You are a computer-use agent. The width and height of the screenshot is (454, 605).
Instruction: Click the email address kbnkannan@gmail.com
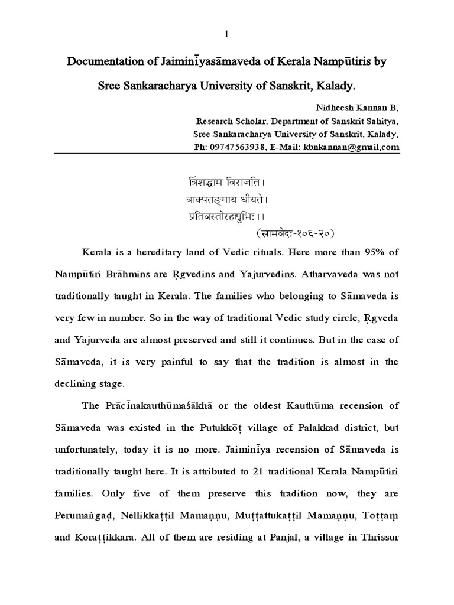(x=352, y=146)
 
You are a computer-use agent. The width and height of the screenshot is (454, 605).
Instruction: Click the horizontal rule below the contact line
(x=226, y=153)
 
